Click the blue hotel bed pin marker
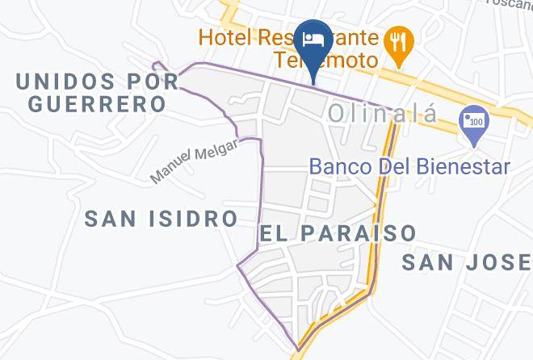(x=313, y=40)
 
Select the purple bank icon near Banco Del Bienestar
(x=471, y=123)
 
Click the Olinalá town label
(x=383, y=115)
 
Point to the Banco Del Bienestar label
(x=410, y=167)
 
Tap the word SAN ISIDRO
(x=162, y=218)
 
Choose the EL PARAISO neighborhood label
(x=338, y=233)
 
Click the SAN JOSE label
(x=467, y=262)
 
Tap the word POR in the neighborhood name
(x=152, y=81)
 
